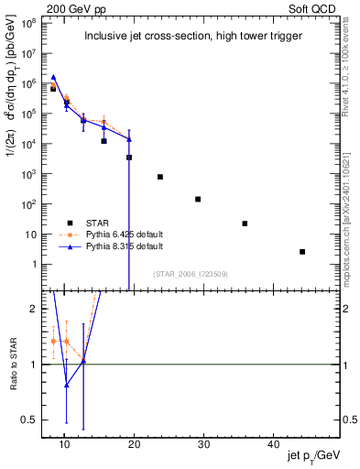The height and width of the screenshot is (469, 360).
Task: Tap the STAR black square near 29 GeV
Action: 198,199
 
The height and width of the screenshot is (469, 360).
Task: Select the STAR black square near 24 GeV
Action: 160,177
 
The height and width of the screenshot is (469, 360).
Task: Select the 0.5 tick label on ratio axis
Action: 29,420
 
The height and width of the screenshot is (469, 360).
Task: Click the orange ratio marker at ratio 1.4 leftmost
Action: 53,341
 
